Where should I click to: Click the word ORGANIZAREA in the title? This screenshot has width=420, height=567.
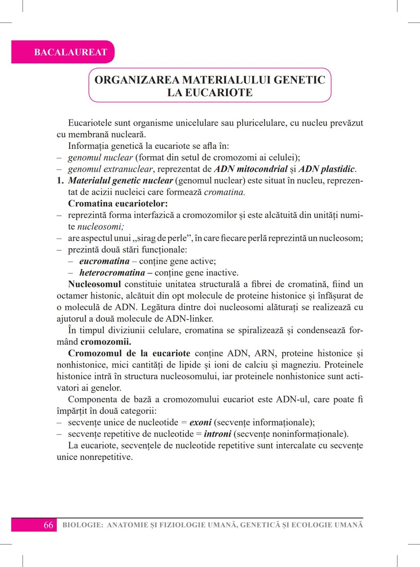click(x=137, y=80)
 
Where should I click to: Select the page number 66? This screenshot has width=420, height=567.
click(x=48, y=525)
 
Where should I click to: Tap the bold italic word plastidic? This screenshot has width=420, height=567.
click(x=338, y=169)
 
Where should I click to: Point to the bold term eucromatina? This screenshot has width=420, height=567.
click(x=104, y=261)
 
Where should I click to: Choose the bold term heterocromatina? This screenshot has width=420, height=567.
click(x=112, y=273)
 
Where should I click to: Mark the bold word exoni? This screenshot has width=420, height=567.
click(x=200, y=422)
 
